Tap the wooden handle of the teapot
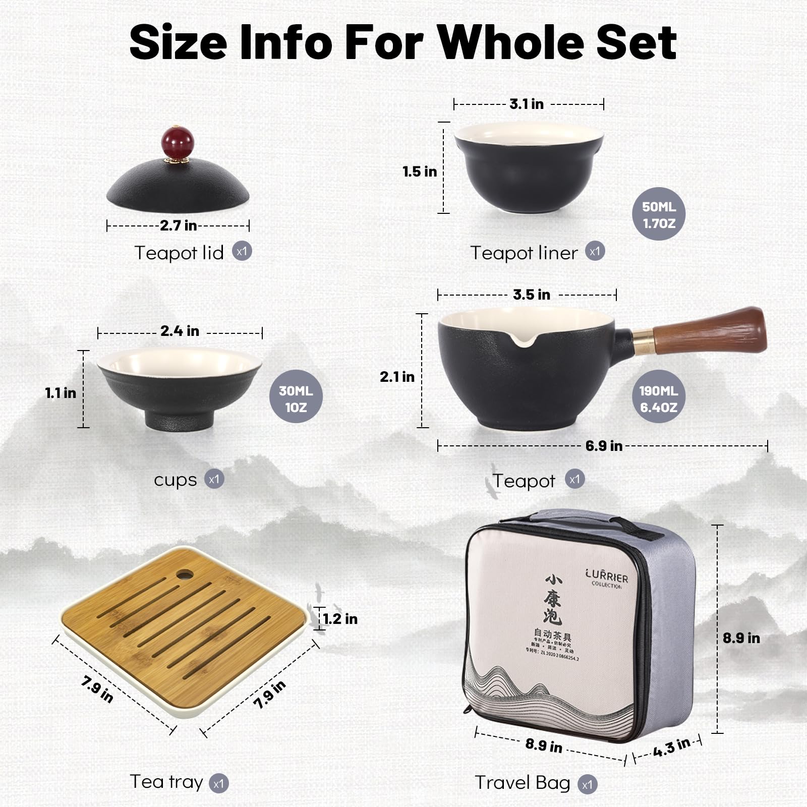pyautogui.click(x=711, y=330)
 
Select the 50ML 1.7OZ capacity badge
pyautogui.click(x=658, y=214)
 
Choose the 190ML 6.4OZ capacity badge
pyautogui.click(x=658, y=398)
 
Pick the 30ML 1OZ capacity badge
pyautogui.click(x=296, y=398)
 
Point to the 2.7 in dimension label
pyautogui.click(x=178, y=225)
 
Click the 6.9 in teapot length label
pyautogui.click(x=603, y=446)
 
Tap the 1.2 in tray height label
pyautogui.click(x=340, y=619)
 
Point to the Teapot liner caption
pyautogui.click(x=524, y=253)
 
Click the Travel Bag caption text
pyautogui.click(x=522, y=782)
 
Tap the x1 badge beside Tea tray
pyautogui.click(x=218, y=783)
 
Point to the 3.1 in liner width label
pyautogui.click(x=526, y=104)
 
